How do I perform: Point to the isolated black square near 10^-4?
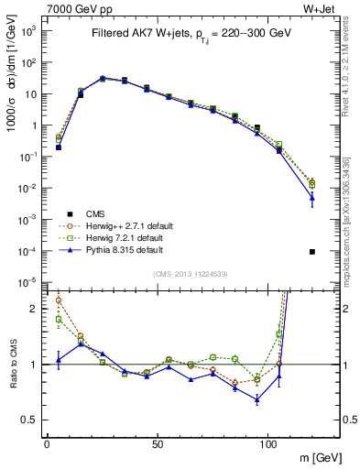coord(312,251)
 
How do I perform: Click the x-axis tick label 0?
coord(47,444)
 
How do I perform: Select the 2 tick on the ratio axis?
coord(36,309)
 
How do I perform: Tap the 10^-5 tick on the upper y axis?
coord(30,281)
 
